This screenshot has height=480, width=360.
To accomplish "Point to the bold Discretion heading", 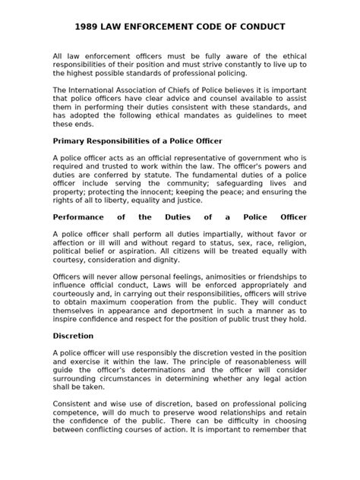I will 74,334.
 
